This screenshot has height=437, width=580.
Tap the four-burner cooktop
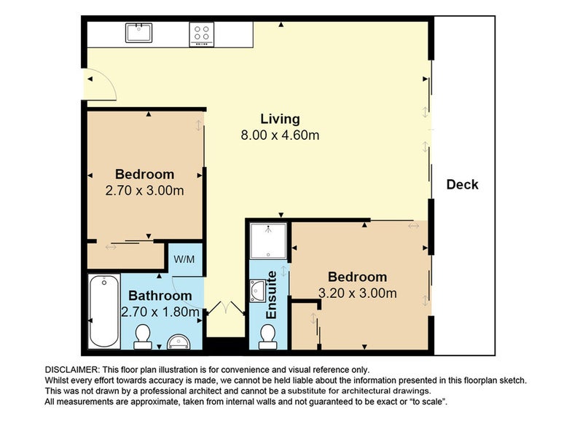tap(202, 34)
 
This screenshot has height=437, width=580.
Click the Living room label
tap(281, 119)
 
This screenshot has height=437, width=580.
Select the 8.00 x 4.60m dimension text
tap(281, 135)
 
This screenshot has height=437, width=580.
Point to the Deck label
tap(463, 184)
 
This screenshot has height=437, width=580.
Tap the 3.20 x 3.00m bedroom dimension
tap(357, 294)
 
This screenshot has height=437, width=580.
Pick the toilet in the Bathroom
tap(143, 336)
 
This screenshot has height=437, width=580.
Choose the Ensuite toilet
tap(267, 336)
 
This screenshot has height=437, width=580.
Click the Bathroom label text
tap(160, 296)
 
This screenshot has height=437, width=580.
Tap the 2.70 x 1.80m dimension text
tap(160, 312)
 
